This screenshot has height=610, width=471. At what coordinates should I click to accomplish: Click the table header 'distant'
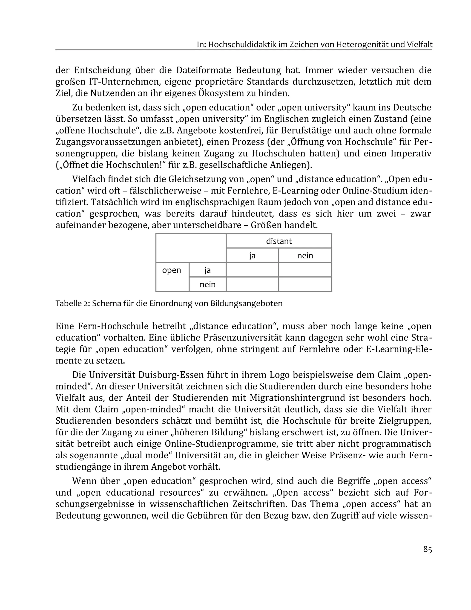[x=279, y=241]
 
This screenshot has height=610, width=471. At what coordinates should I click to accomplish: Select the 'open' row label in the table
[x=171, y=270]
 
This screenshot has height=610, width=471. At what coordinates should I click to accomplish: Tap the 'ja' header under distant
[x=252, y=256]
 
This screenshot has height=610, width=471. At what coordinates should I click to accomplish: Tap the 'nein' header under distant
[x=305, y=256]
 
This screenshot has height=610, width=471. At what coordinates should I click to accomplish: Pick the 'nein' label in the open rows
[x=207, y=285]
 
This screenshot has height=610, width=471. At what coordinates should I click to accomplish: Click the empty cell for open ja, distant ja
[x=252, y=270]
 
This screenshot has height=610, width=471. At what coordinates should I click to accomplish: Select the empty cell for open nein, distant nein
[x=305, y=284]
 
